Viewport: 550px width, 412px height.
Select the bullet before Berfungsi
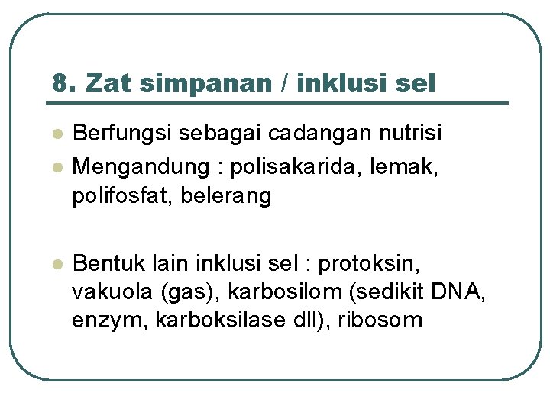(56, 134)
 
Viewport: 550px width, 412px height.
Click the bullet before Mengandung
(56, 166)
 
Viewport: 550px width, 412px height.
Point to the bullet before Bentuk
(56, 263)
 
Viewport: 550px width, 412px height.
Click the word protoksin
(370, 263)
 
